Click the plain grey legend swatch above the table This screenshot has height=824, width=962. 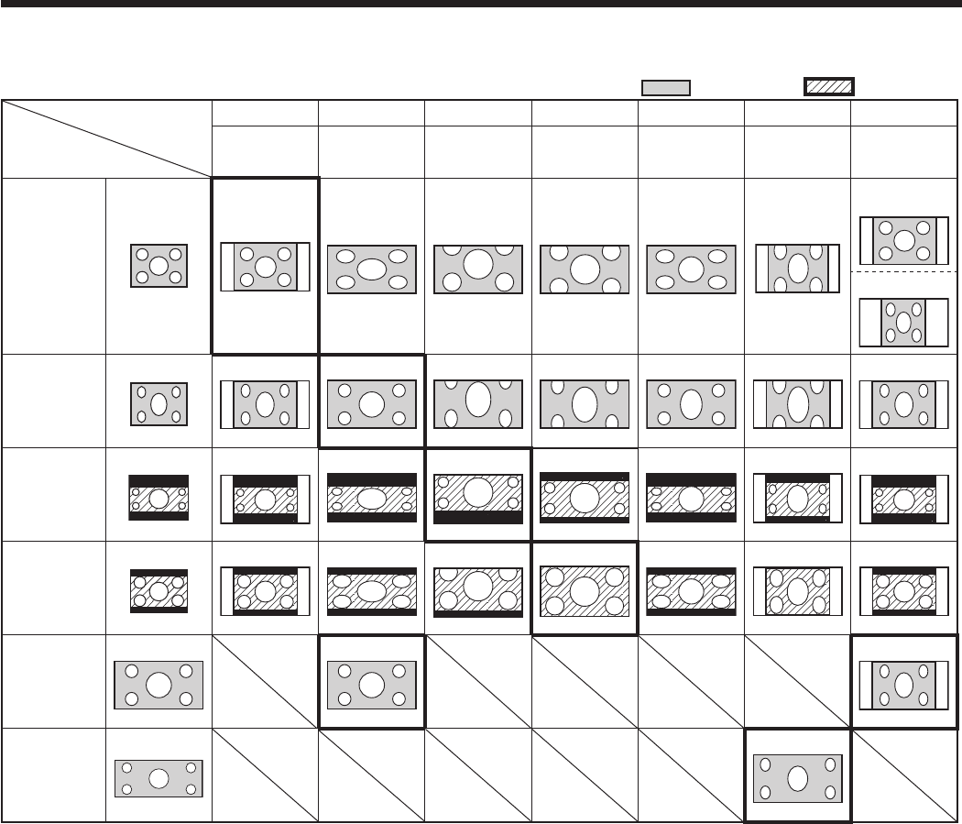click(665, 87)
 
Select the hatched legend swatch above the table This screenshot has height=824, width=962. click(828, 87)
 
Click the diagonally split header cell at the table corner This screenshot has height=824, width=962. click(106, 138)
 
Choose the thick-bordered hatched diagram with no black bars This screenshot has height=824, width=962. click(585, 588)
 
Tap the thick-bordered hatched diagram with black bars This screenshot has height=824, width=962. click(478, 496)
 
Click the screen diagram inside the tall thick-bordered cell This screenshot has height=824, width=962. click(265, 267)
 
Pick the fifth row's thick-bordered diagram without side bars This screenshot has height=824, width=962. click(371, 684)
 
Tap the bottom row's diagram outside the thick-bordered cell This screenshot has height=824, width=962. click(159, 778)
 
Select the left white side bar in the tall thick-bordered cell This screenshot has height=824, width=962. click(227, 267)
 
